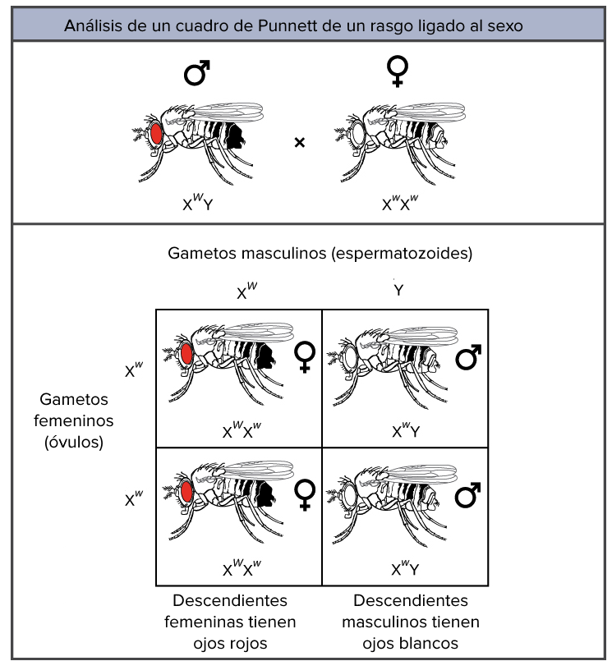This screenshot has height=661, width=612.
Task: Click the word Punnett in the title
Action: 287,26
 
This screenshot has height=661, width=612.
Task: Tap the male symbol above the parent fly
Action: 197,73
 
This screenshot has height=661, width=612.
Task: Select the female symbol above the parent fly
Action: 398,71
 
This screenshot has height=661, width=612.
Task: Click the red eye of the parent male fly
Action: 156,133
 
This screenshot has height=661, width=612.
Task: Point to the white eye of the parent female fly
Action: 358,134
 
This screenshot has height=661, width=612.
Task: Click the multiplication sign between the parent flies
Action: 300,143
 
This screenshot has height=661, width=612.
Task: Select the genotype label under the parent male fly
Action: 198,202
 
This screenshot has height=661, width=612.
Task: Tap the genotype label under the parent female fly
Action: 400,202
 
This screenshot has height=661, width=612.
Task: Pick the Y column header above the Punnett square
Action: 398,290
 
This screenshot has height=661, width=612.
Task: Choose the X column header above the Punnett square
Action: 246,291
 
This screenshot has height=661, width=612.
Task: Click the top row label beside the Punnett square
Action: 134,370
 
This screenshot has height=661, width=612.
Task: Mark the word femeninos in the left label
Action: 74,420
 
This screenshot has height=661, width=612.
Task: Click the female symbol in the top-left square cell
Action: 305,356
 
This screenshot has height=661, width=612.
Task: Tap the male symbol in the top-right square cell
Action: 468,357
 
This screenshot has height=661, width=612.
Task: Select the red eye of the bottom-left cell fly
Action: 186,492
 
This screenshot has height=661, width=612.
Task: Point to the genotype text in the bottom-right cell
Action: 405,568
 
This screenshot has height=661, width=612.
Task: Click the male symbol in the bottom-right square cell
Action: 468,495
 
